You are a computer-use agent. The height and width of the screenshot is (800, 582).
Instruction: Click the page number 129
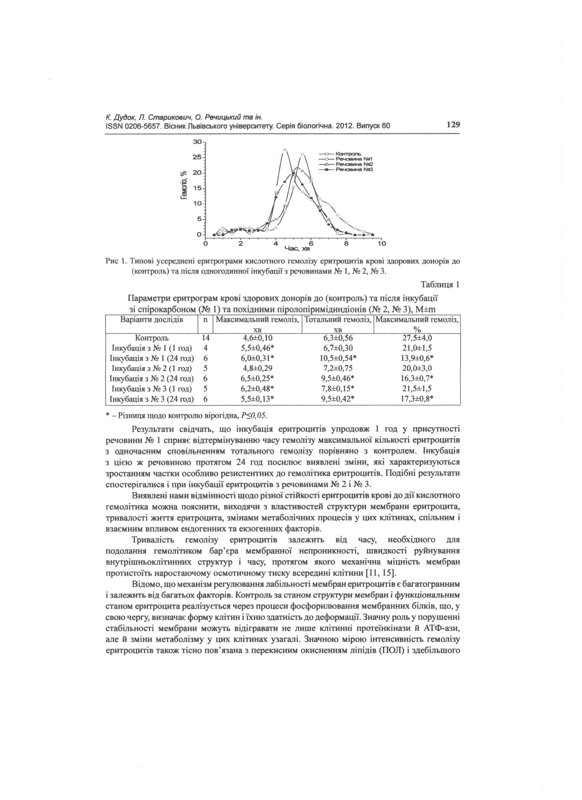[453, 125]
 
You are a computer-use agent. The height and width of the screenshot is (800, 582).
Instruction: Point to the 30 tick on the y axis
[197, 142]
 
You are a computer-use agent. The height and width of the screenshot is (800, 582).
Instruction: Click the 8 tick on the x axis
[346, 243]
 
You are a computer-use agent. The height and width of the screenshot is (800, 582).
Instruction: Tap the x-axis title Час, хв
[297, 249]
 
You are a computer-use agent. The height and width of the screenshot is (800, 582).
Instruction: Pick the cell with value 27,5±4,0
[417, 338]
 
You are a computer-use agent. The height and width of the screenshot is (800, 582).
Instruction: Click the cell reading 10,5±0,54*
[338, 358]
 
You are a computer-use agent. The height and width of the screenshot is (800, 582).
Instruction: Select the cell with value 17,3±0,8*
[417, 399]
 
